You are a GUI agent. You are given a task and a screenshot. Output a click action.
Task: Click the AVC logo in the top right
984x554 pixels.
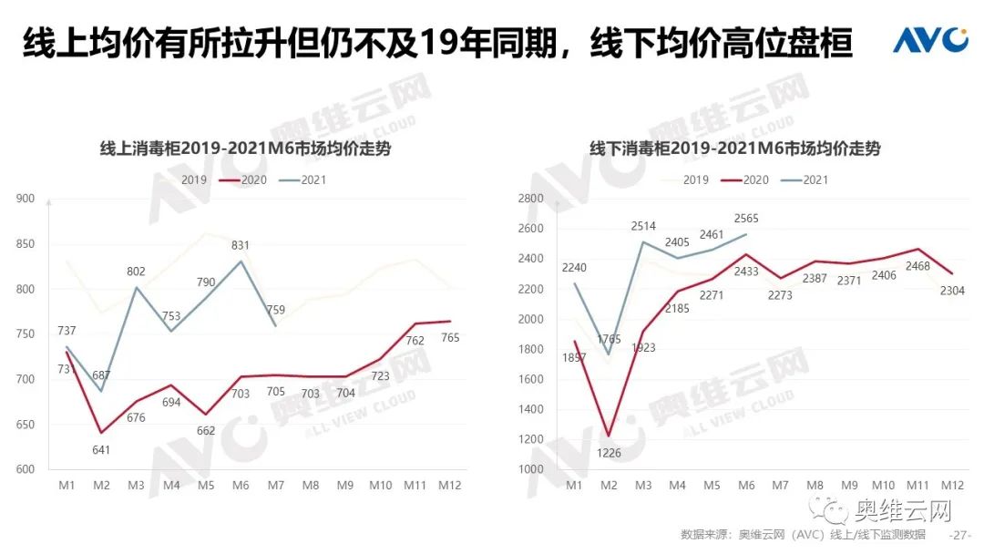930,40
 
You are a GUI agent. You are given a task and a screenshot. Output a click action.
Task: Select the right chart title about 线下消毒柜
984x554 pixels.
735,149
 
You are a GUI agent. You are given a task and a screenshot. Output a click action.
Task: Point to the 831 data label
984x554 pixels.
240,245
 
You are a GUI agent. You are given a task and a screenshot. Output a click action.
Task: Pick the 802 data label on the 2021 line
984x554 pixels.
136,271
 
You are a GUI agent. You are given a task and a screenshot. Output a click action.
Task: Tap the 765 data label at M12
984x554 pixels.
450,338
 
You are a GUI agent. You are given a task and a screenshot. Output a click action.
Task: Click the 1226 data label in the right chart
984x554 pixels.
609,453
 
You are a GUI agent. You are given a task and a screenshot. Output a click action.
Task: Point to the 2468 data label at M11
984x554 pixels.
917,266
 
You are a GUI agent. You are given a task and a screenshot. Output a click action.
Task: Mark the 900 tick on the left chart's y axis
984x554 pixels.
25,199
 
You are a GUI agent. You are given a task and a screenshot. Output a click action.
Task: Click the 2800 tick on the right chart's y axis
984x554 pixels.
529,199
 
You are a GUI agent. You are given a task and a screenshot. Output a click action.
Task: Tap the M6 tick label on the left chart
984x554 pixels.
241,487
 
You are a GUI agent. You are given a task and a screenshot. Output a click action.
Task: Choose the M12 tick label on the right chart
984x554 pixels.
952,486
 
